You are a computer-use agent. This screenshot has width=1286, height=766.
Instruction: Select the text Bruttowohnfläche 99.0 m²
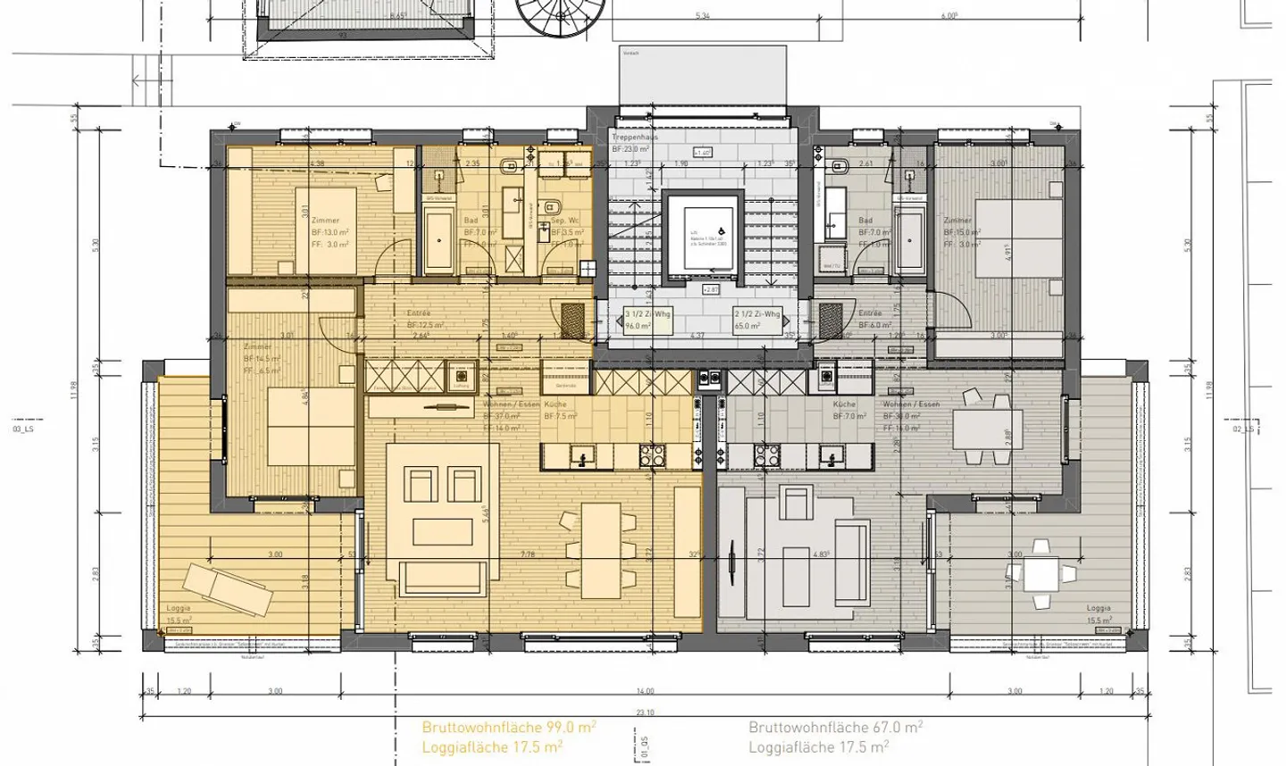tap(509, 728)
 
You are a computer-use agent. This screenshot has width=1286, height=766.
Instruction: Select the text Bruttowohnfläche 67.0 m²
tap(836, 728)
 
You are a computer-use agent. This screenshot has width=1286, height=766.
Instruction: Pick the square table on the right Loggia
tap(1040, 573)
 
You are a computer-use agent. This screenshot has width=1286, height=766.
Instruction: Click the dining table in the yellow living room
tap(600, 550)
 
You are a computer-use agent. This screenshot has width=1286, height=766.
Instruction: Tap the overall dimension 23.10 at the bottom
tap(645, 712)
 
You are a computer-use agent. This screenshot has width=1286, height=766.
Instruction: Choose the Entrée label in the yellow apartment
tap(419, 313)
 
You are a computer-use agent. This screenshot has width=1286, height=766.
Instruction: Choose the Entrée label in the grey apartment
tap(870, 313)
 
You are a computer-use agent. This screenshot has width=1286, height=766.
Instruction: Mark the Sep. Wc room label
tap(565, 220)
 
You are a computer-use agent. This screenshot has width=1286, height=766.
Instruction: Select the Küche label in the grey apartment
tap(845, 404)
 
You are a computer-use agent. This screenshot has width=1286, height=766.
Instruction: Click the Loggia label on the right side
tap(1098, 608)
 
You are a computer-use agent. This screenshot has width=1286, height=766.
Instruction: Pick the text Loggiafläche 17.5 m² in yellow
tap(492, 747)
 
